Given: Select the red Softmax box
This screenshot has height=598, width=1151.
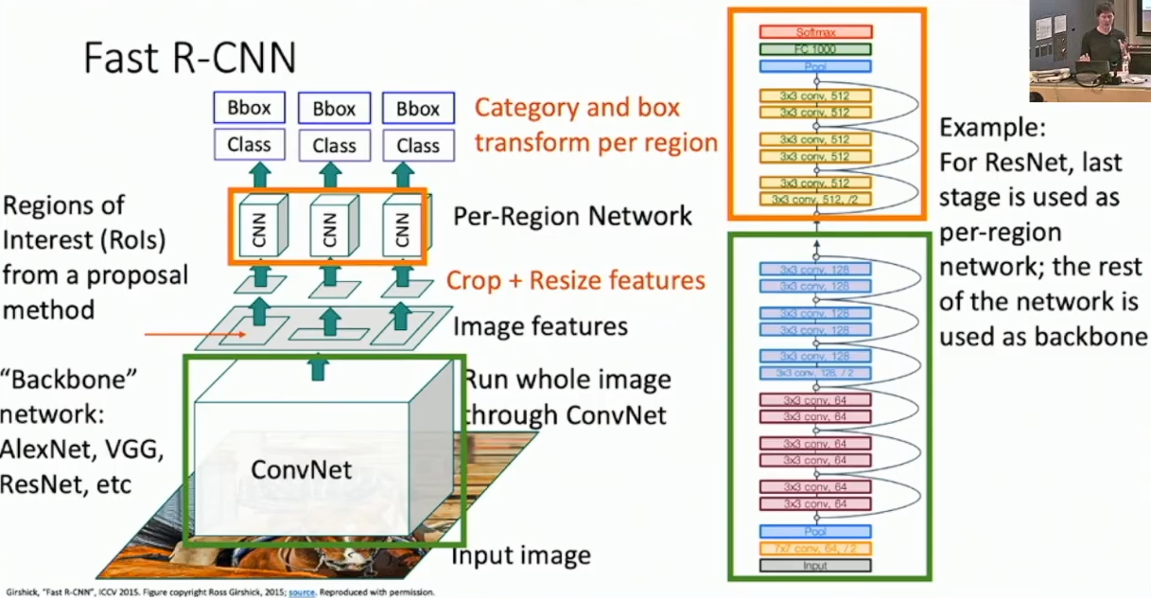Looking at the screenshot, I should [x=814, y=32].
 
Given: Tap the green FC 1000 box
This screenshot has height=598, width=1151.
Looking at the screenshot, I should [x=814, y=49].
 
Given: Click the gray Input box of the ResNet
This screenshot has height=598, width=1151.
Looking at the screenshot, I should [x=814, y=566].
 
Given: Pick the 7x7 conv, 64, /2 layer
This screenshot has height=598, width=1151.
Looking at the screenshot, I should [x=814, y=549].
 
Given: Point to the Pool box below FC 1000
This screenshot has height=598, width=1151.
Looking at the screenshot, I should [x=814, y=66].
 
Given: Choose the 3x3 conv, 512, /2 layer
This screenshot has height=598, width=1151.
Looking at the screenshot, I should [x=814, y=200].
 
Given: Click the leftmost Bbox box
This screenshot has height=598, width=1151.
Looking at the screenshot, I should [x=249, y=108].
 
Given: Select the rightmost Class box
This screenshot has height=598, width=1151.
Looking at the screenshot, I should [x=417, y=146].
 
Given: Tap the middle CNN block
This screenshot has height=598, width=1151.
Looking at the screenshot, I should [x=329, y=228].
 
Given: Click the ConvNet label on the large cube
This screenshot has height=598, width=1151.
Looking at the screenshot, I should [x=302, y=469].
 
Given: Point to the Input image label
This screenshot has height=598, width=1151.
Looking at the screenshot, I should [x=520, y=554].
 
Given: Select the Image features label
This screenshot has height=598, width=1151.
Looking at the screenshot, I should [x=540, y=326].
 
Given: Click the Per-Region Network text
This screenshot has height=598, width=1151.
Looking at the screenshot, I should [x=572, y=216].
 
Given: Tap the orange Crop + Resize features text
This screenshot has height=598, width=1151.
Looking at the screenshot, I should [x=576, y=280].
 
